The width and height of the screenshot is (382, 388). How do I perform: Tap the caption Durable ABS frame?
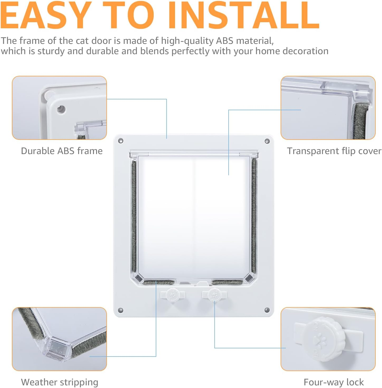point(62,151)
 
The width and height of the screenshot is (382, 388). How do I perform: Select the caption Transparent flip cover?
point(334,151)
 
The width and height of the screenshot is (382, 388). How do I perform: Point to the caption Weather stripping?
point(59,382)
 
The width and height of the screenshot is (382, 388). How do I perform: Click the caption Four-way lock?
point(333,382)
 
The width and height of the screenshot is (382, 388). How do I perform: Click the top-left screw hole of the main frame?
point(121,141)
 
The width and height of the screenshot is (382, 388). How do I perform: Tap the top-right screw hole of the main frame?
point(267,141)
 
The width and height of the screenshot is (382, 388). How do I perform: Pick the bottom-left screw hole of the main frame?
point(120,310)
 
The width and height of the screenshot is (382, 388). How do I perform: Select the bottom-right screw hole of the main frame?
point(267,310)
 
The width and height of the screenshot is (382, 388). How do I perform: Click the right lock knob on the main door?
point(214,295)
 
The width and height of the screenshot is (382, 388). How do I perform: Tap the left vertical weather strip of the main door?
point(134,217)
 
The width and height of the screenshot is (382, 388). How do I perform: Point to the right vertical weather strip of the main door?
point(254,215)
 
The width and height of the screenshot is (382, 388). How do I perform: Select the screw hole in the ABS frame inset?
point(61,109)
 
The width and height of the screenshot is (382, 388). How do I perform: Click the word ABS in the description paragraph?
point(225,41)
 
